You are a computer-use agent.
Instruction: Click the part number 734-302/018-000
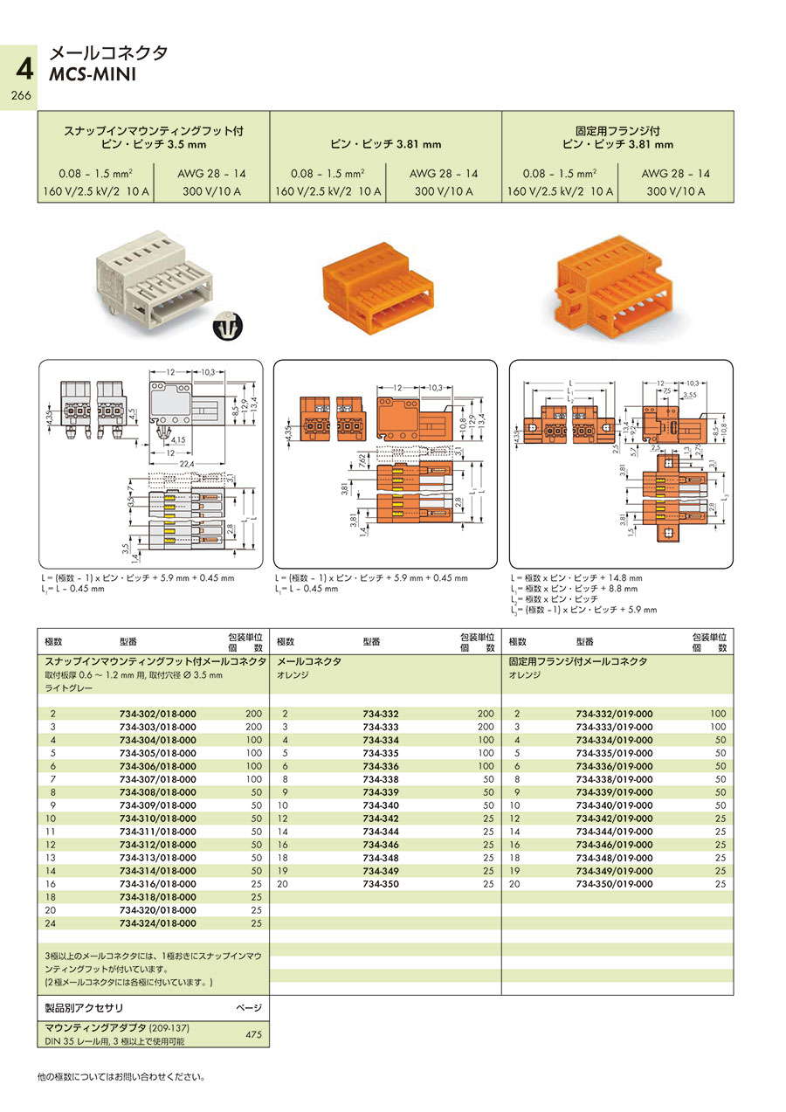coord(157,714)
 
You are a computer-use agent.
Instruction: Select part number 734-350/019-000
coord(614,884)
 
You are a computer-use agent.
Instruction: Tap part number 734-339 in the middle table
coord(380,792)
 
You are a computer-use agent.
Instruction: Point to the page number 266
coord(19,96)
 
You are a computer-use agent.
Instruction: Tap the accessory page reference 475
coord(253,1034)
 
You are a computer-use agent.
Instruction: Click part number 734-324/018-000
coord(157,923)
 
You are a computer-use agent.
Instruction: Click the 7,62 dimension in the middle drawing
coord(364,461)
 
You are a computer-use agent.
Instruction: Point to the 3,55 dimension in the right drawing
coord(691,395)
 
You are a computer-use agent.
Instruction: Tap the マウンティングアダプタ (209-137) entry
coord(116,1027)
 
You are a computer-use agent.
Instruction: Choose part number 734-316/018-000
coord(157,884)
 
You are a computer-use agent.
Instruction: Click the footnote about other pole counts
coord(121,1076)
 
